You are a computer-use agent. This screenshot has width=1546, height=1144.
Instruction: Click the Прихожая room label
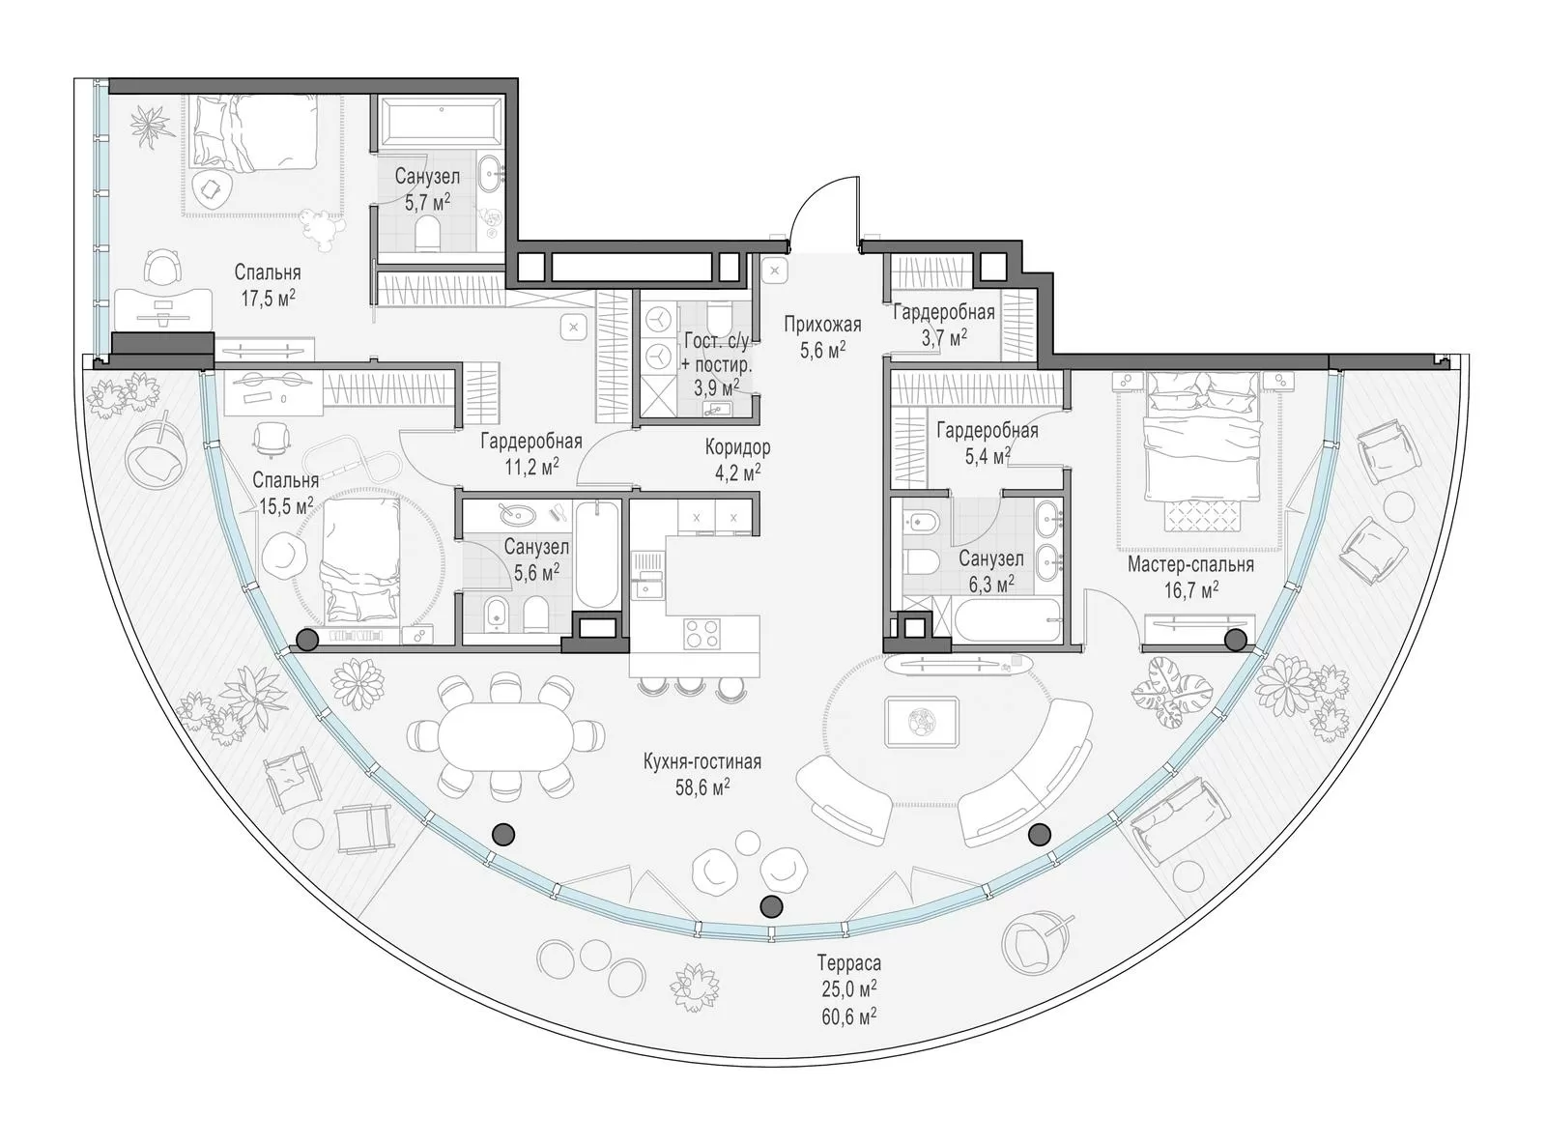(x=822, y=325)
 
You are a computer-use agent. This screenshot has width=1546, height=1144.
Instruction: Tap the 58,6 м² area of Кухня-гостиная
(x=702, y=787)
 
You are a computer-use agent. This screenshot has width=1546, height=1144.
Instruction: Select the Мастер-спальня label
(x=1190, y=564)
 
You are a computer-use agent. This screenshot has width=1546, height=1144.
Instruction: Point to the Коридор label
(x=738, y=446)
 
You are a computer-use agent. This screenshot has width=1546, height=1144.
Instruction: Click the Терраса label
(x=849, y=962)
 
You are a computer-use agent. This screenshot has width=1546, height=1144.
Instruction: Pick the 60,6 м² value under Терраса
(x=849, y=1016)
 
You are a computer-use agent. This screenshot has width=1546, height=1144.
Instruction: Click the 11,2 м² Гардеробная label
(x=531, y=454)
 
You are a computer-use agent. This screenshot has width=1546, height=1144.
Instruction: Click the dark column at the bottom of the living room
(x=770, y=905)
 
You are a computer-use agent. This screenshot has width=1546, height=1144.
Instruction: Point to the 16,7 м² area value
(x=1190, y=590)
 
